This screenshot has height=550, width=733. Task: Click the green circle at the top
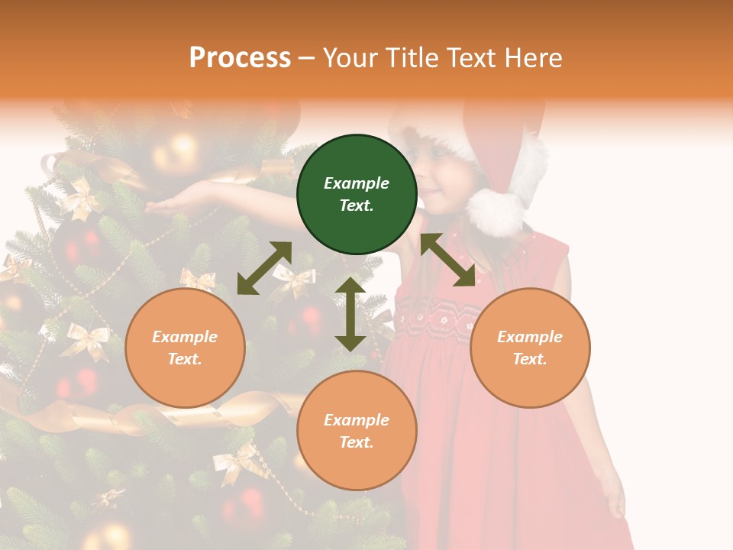point(357,194)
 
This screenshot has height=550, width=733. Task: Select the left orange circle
point(185,348)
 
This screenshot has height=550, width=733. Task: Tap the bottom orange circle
point(357,431)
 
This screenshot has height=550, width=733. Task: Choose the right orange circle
point(529,348)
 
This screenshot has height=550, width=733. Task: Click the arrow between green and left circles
point(264,268)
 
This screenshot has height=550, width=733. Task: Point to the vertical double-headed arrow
point(350,314)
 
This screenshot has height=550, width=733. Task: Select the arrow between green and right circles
point(448,260)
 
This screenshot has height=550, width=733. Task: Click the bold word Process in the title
point(240,57)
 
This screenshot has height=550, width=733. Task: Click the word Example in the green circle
point(357,183)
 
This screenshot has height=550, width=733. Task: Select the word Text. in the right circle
point(529,359)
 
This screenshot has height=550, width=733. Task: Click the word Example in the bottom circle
point(357,420)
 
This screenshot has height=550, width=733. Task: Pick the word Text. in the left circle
point(185,359)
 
